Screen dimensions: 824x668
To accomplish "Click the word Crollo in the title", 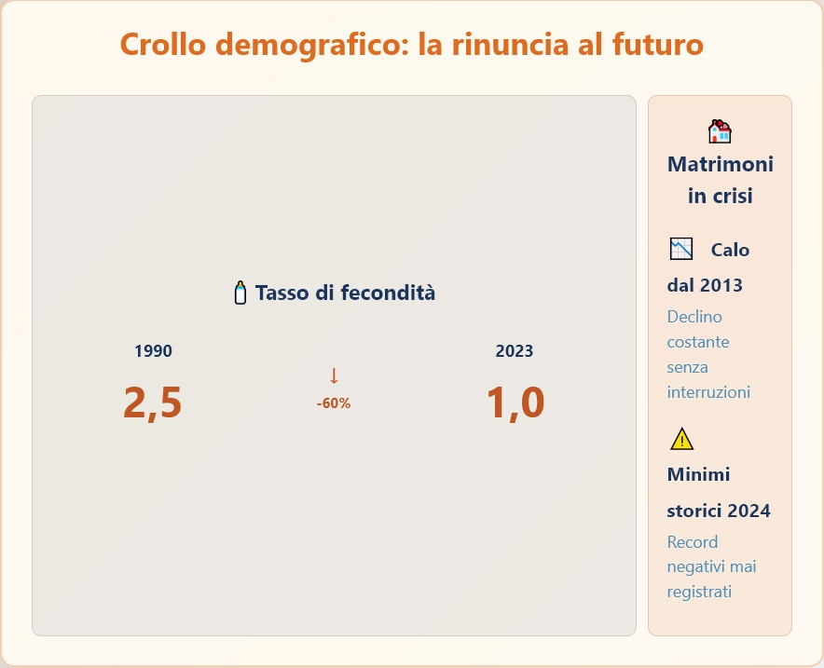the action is pyautogui.click(x=163, y=44).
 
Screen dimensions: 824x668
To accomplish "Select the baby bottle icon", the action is pyautogui.click(x=240, y=293).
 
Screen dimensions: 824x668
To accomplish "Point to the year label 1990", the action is pyautogui.click(x=153, y=351).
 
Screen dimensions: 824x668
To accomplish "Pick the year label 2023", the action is pyautogui.click(x=514, y=351).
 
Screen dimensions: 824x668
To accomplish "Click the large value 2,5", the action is pyautogui.click(x=152, y=403).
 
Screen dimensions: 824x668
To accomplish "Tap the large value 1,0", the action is pyautogui.click(x=515, y=403).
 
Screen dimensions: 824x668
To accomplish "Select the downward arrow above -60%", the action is pyautogui.click(x=333, y=376).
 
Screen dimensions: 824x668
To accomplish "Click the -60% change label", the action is pyautogui.click(x=333, y=403).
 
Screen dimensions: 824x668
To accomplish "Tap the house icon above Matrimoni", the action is pyautogui.click(x=720, y=131).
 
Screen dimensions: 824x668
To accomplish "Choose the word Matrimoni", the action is pyautogui.click(x=720, y=164).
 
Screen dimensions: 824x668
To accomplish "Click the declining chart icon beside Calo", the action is pyautogui.click(x=681, y=249).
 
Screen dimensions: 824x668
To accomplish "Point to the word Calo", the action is pyautogui.click(x=730, y=250).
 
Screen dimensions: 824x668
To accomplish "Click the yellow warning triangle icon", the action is pyautogui.click(x=681, y=440).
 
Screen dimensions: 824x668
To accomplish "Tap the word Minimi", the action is pyautogui.click(x=698, y=475).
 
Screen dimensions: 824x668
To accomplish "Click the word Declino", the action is pyautogui.click(x=694, y=317).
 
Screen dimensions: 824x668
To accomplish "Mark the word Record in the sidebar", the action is pyautogui.click(x=692, y=542).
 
